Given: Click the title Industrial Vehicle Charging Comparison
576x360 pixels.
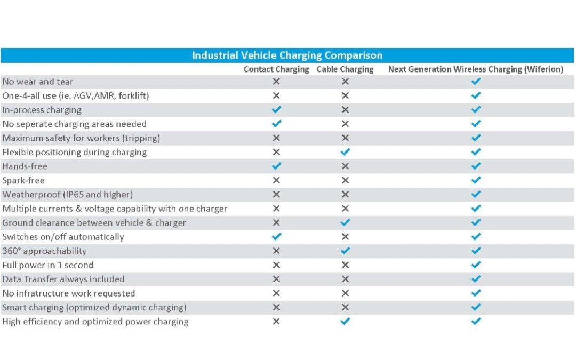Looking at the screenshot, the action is coord(287,55).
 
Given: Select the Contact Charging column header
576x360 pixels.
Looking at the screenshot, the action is coord(276,69).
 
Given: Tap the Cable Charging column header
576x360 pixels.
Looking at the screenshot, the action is coord(345,69).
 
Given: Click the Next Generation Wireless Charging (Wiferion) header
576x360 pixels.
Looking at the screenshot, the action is coord(476,69).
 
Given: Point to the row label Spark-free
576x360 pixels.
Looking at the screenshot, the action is coord(23,180).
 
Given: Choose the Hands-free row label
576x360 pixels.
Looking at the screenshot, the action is coord(25,166).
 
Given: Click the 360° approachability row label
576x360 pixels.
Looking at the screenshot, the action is coord(44,251).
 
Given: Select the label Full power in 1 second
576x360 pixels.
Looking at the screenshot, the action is coord(48,265).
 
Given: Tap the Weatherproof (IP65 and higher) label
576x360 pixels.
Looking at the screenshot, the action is coord(68,195).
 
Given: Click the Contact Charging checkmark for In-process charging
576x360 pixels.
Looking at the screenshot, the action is coord(276,109).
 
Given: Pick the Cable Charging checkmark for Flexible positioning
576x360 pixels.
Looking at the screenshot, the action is coord(345,151).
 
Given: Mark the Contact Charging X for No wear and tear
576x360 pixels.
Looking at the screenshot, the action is coord(276,82).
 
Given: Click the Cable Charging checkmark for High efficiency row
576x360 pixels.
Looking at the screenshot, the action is coord(345,321).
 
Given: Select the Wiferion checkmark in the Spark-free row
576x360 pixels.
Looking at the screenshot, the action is coord(476,180).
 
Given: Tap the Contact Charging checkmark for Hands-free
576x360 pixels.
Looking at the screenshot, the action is coord(276,166).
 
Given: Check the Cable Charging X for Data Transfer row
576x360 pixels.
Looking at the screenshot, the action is coord(345,279).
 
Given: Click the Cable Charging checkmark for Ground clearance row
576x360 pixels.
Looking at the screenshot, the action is coord(345,222).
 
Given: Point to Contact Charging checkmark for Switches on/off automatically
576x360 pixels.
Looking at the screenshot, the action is coord(276,237).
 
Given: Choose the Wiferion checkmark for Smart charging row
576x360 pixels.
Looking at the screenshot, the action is coord(476,307).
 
